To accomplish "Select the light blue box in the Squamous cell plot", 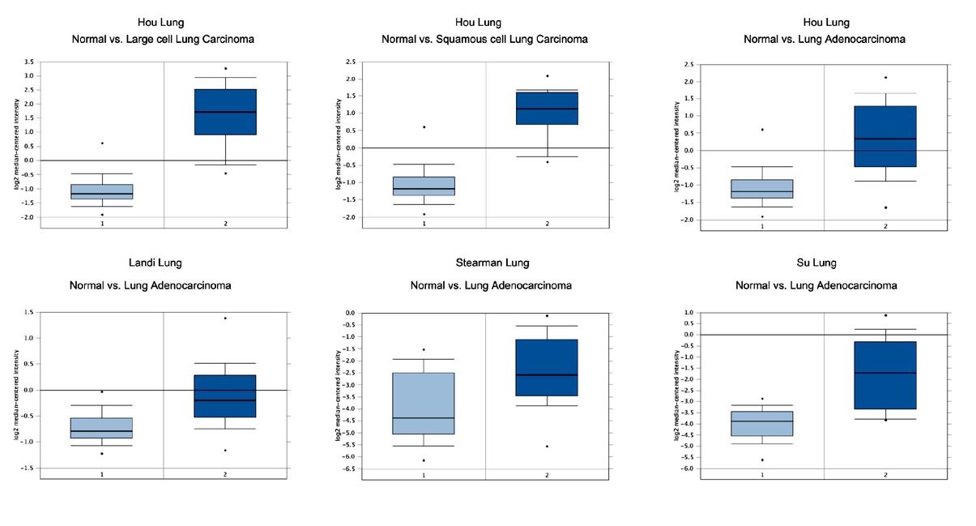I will (x=424, y=186).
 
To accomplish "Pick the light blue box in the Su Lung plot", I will (x=762, y=423).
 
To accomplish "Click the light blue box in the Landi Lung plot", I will (x=102, y=428).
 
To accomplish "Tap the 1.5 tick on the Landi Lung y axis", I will (x=28, y=312).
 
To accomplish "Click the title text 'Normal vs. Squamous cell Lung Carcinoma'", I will (x=484, y=39).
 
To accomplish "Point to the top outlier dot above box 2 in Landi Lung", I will (x=225, y=318).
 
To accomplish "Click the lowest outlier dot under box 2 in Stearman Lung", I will (x=547, y=447).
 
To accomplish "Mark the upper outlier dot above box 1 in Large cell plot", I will (x=102, y=143).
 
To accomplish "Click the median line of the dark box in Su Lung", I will (x=885, y=373).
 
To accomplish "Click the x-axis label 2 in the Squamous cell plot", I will (x=547, y=224).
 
